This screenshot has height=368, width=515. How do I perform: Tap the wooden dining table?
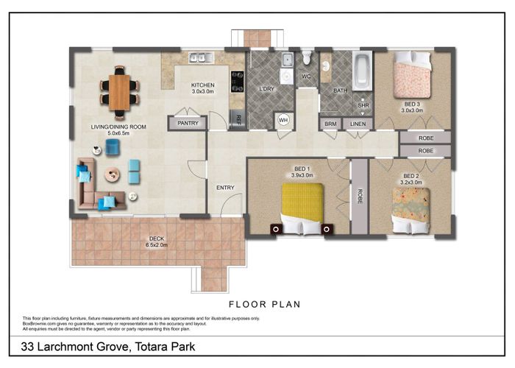(118, 88)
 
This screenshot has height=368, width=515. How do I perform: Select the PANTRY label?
(188, 124)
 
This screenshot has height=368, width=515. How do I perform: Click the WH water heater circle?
(283, 121)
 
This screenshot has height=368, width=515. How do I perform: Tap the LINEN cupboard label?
(357, 124)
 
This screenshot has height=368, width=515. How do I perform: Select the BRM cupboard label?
(330, 124)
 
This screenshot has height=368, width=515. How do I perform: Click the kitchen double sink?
(199, 57)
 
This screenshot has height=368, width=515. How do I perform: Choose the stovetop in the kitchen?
(238, 79)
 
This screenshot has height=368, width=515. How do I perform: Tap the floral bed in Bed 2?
(411, 207)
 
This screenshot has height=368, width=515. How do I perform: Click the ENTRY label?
(225, 188)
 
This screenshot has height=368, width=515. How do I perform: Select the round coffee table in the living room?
(113, 174)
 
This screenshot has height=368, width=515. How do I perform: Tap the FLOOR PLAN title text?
(265, 304)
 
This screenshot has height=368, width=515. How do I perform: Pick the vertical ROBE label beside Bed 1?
(359, 197)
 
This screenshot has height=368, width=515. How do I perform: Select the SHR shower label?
(362, 105)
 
